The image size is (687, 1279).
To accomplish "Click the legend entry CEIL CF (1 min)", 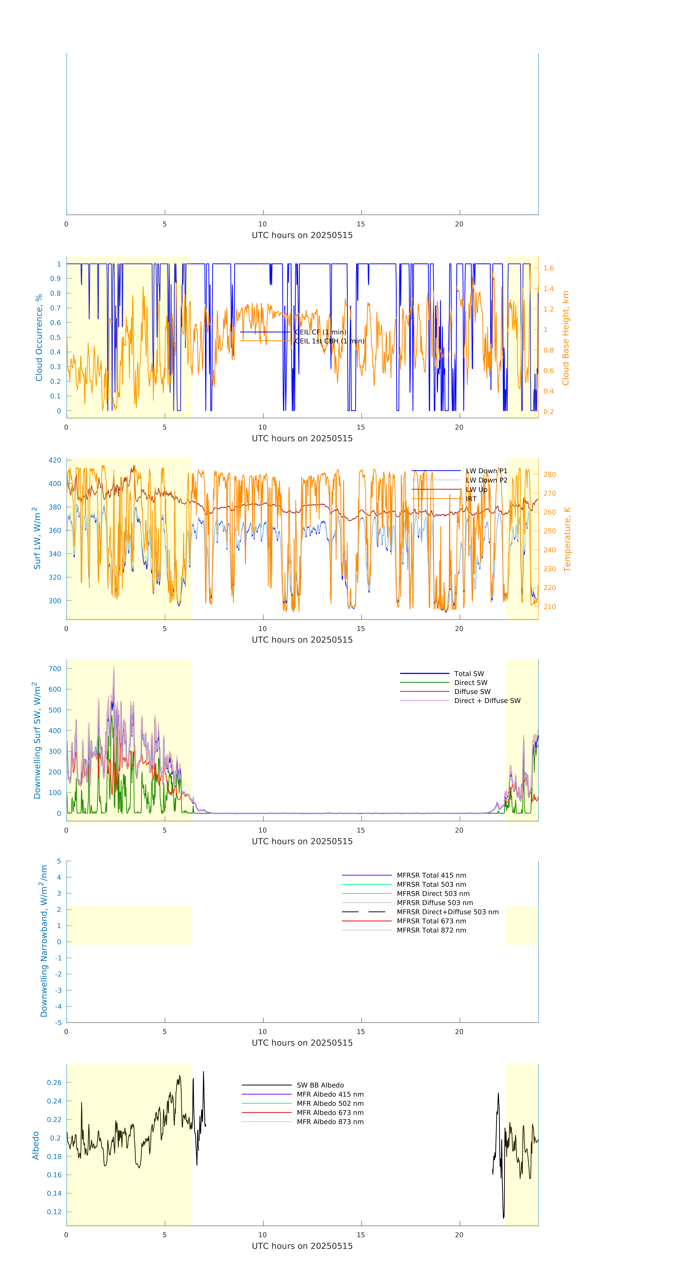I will click(x=320, y=332).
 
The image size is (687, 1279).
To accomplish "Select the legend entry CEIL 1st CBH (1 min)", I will click(x=329, y=341).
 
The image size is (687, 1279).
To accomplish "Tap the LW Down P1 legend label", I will click(x=486, y=471).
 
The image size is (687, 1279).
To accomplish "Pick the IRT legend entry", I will click(x=471, y=498).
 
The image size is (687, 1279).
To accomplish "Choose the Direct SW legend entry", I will click(x=470, y=683).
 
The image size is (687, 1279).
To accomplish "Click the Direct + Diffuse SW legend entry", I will click(x=487, y=701).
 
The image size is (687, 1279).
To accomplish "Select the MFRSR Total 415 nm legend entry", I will click(x=431, y=875).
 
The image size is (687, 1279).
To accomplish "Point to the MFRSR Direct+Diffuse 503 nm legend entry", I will click(x=447, y=912).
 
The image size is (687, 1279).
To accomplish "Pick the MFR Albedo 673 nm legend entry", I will click(x=330, y=1113).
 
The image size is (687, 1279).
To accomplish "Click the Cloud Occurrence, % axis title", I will click(x=39, y=338).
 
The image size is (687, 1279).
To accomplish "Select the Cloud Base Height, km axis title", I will click(x=565, y=338).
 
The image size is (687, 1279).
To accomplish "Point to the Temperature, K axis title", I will click(x=567, y=539).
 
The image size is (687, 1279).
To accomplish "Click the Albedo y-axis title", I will click(x=36, y=1145).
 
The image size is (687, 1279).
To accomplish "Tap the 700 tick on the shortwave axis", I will click(x=55, y=669).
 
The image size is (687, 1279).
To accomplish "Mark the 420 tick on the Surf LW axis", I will click(x=55, y=460).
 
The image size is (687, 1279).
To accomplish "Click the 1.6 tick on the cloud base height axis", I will click(x=548, y=268).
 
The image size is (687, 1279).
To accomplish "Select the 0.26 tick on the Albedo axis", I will click(x=54, y=1082).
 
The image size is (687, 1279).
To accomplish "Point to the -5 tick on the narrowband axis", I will click(x=59, y=1022).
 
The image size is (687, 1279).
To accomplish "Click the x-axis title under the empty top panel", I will click(x=302, y=235).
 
